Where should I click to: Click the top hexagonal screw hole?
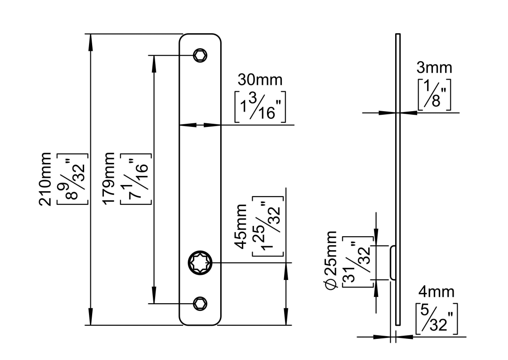click(200, 55)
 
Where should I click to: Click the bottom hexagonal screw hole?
click(200, 304)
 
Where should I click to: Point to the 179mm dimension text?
click(109, 179)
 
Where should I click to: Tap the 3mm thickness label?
click(434, 68)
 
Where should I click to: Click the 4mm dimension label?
click(436, 292)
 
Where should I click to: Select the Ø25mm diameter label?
click(330, 260)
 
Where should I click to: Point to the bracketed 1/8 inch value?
click(434, 95)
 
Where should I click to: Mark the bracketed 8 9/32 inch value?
click(72, 179)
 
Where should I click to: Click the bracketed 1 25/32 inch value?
click(267, 226)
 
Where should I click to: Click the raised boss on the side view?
click(392, 263)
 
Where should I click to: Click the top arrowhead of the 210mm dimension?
click(91, 40)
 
